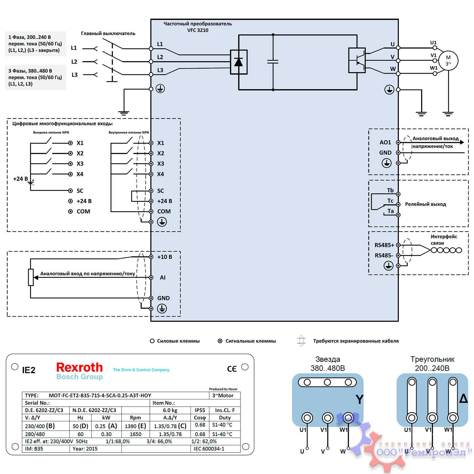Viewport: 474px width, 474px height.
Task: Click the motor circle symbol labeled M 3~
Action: coord(448,60)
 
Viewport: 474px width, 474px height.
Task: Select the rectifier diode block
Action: coord(239,62)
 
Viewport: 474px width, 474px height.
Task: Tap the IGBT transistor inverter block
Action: coord(357,60)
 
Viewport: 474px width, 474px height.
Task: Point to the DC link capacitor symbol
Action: coord(273,61)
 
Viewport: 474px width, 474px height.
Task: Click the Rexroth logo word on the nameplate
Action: coord(79,368)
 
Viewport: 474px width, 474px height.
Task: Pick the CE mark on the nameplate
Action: coord(232,369)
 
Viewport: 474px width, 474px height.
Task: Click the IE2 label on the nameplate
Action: coord(29,370)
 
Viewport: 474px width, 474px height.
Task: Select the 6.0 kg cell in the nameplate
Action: coord(170,410)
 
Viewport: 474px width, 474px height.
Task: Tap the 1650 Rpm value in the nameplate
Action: coord(135,434)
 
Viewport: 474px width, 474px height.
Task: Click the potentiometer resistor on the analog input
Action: coord(31,277)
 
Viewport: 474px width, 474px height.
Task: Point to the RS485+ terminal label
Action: coord(384,245)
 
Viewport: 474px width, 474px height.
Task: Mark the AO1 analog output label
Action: coord(385,142)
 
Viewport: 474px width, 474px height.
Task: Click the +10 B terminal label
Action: coord(165,257)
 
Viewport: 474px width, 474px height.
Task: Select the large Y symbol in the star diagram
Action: coord(359,400)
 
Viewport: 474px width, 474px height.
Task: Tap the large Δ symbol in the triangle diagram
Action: coord(463,399)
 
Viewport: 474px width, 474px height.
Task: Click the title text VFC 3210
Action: coord(197,30)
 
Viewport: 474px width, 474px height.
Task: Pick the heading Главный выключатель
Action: coord(108,33)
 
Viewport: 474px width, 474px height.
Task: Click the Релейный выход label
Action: coord(425,204)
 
